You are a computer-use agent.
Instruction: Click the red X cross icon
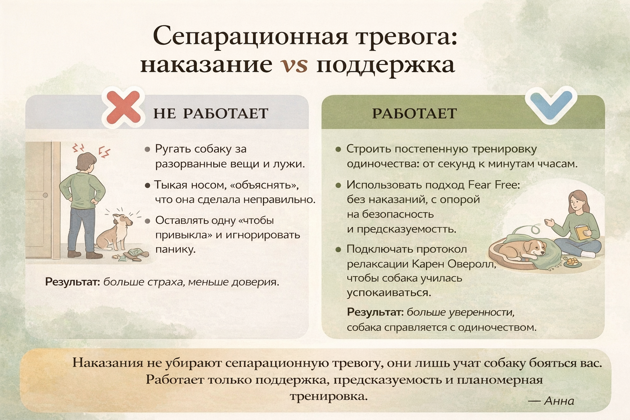coord(123,107)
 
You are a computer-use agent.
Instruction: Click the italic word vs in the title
coord(294,64)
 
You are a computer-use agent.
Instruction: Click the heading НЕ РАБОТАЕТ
coord(211,113)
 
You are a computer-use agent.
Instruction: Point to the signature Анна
coord(559,401)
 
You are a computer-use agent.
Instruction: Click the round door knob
coord(46,195)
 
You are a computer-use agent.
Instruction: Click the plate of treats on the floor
coord(572,262)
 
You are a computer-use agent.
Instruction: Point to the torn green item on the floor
coord(136,254)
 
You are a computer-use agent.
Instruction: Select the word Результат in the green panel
coord(375,312)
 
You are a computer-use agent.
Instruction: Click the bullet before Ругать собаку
coord(147,149)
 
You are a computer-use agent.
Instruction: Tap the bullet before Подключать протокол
coord(339,249)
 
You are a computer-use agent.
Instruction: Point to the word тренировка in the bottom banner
coord(329,397)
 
